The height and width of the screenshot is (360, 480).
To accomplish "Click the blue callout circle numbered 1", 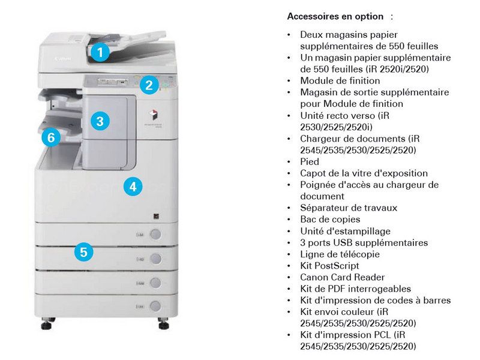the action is pyautogui.click(x=100, y=52).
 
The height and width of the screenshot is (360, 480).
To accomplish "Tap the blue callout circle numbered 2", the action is pyautogui.click(x=149, y=85).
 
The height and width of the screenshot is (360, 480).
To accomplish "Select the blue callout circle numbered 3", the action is pyautogui.click(x=100, y=121).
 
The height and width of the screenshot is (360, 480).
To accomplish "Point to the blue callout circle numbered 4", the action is pyautogui.click(x=133, y=187).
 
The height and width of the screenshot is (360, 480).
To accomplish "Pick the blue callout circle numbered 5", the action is pyautogui.click(x=83, y=252).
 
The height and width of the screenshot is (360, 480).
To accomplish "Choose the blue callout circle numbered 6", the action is pyautogui.click(x=51, y=137).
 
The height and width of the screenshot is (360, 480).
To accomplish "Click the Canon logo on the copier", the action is pyautogui.click(x=62, y=58).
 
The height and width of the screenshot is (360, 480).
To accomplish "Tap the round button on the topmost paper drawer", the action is pyautogui.click(x=155, y=234).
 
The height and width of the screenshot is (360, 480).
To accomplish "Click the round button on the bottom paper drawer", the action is pyautogui.click(x=155, y=306).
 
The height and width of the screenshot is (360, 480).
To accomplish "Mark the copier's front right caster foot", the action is pyautogui.click(x=163, y=323).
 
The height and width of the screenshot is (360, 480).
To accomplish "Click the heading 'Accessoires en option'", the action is pyautogui.click(x=335, y=16).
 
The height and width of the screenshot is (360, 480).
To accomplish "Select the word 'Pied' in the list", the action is pyautogui.click(x=310, y=161).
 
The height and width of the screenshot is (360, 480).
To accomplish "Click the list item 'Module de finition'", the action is pyautogui.click(x=340, y=81).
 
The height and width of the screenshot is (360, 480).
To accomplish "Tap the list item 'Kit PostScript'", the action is pyautogui.click(x=329, y=266).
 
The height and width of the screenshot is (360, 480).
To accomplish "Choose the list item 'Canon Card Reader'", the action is pyautogui.click(x=342, y=277).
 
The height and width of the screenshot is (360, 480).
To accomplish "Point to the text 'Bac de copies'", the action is pyautogui.click(x=330, y=220).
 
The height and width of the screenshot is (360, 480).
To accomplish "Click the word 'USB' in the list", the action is pyautogui.click(x=343, y=243).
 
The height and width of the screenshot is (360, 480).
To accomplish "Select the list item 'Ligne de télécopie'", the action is pyautogui.click(x=340, y=254).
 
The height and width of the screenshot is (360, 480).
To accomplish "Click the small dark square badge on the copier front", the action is pyautogui.click(x=156, y=217).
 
